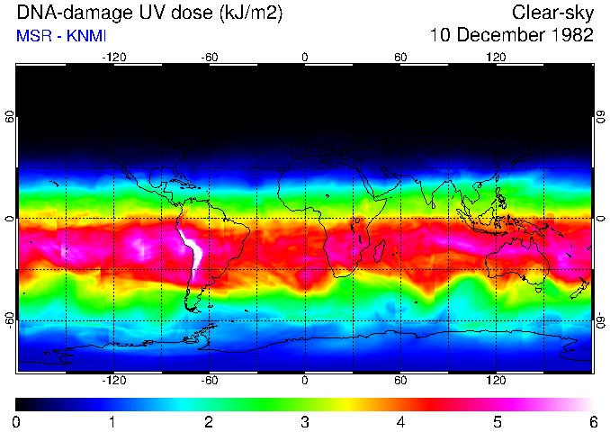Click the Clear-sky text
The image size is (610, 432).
click(552, 13)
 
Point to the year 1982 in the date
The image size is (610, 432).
click(570, 36)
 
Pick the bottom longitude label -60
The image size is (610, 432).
click(209, 381)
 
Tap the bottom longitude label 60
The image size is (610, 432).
click(400, 381)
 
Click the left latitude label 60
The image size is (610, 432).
click(11, 118)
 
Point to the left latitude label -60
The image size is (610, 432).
click(11, 319)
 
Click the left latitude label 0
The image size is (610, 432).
click(11, 219)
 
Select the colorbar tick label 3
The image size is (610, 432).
click(305, 420)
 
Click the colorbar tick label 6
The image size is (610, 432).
click(593, 420)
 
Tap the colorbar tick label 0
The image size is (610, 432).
click(17, 420)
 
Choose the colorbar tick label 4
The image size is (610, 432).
click(401, 420)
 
